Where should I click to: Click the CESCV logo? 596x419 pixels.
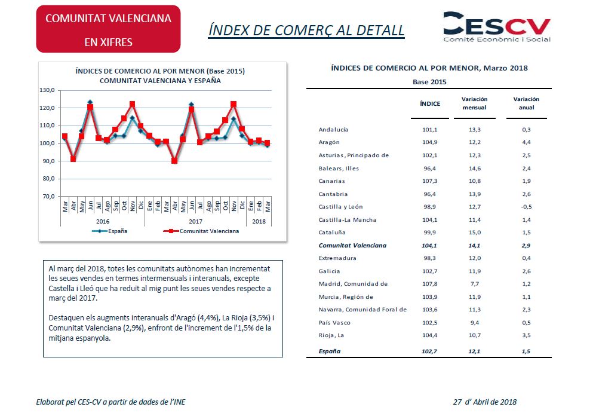click(x=497, y=27)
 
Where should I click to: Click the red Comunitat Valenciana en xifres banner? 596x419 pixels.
click(x=108, y=29)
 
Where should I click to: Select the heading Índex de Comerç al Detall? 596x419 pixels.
click(x=306, y=30)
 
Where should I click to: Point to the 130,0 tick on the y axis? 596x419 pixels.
click(x=47, y=90)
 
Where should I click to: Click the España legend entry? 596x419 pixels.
click(x=109, y=231)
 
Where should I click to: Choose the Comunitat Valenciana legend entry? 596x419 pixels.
click(x=201, y=231)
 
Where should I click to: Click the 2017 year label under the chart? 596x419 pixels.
click(x=195, y=222)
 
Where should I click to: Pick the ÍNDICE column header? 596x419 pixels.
click(x=430, y=103)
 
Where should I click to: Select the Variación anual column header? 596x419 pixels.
click(x=526, y=103)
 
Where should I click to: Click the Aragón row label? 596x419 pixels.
click(x=329, y=142)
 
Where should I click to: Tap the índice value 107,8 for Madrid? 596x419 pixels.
click(x=429, y=284)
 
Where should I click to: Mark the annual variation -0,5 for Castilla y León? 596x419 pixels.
click(x=526, y=207)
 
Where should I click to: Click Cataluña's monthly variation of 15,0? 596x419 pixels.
click(x=475, y=233)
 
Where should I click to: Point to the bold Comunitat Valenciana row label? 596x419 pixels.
click(x=352, y=246)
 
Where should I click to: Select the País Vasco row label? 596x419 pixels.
click(x=334, y=323)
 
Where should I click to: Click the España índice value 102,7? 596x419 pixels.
click(x=429, y=351)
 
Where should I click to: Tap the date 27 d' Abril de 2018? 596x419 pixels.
click(x=485, y=402)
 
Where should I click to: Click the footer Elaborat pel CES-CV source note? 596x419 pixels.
click(x=110, y=402)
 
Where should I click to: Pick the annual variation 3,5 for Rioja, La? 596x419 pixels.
click(x=526, y=335)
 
